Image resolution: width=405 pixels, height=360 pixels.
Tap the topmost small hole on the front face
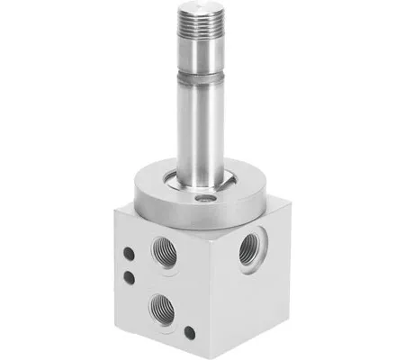(x=131, y=255)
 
